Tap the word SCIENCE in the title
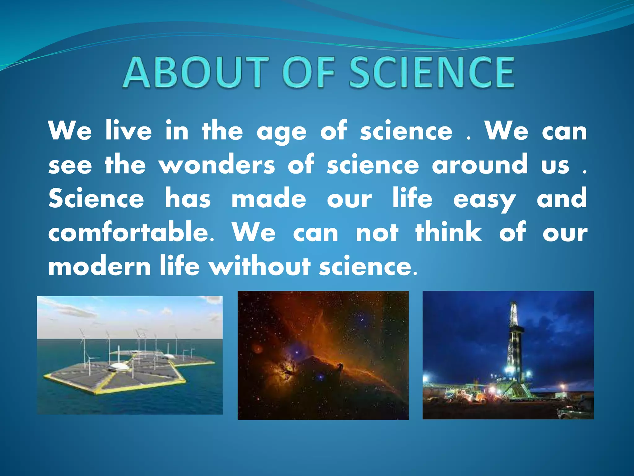[x=432, y=73]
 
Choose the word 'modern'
[x=99, y=267]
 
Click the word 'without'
[x=260, y=267]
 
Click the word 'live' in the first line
[x=128, y=131]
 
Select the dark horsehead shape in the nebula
[x=341, y=368]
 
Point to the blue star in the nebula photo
[x=297, y=353]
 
